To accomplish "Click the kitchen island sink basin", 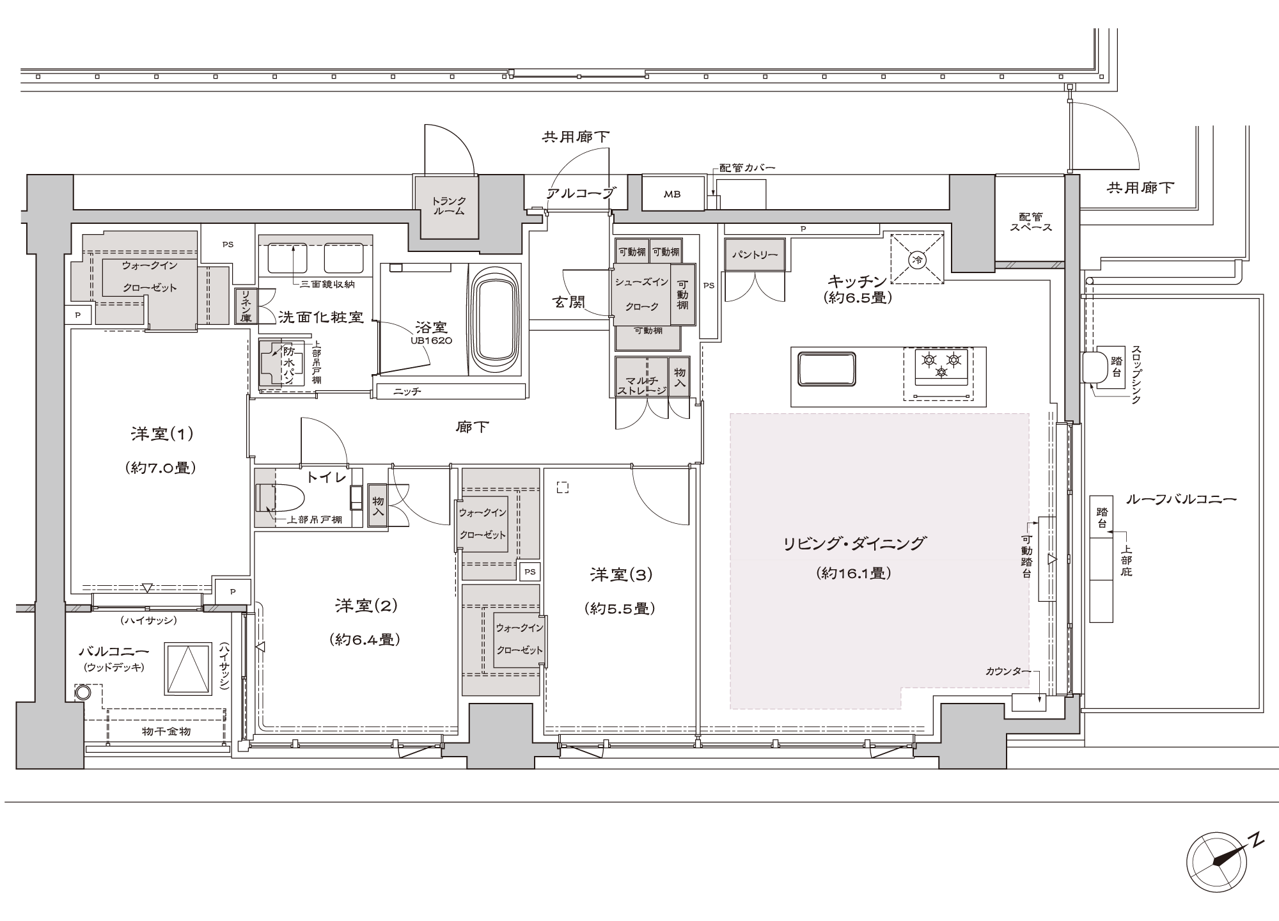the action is (827, 368).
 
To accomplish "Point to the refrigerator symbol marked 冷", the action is (918, 259).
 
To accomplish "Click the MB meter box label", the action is (672, 194).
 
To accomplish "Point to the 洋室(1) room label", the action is (162, 435).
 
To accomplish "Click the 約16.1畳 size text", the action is (854, 574).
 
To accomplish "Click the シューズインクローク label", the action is (641, 294).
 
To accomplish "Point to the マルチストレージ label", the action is (641, 378).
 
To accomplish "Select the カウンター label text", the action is (1008, 671).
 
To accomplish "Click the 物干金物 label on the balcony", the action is (165, 731).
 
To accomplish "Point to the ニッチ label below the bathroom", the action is (407, 391).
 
